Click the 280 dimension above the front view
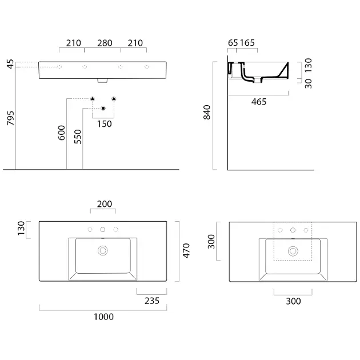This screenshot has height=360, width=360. tap(105, 43)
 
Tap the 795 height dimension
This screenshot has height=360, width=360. tap(10, 118)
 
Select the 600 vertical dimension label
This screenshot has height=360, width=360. tap(62, 133)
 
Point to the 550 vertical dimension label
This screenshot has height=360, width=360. tap(78, 137)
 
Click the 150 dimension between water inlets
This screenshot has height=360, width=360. tap(105, 124)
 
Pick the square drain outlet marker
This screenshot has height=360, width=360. tap(103, 109)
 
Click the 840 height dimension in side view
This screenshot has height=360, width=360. tap(207, 112)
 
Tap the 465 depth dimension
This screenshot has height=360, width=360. tap(259, 102)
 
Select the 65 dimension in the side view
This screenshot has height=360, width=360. tap(233, 43)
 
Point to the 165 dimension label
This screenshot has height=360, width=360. tap(247, 43)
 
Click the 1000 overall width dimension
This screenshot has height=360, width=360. tap(103, 317)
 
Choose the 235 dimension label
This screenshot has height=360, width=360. tap(152, 301)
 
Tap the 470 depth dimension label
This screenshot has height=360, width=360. tap(186, 251)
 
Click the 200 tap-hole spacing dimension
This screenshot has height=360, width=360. tap(105, 204)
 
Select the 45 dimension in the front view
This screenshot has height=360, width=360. tap(10, 64)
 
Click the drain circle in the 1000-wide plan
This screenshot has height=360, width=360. tap(103, 250)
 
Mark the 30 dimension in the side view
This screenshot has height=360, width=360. tap(309, 83)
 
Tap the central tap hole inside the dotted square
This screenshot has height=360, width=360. tap(293, 230)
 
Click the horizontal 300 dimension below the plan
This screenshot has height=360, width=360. tap(293, 301)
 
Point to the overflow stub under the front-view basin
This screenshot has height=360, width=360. tap(102, 81)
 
